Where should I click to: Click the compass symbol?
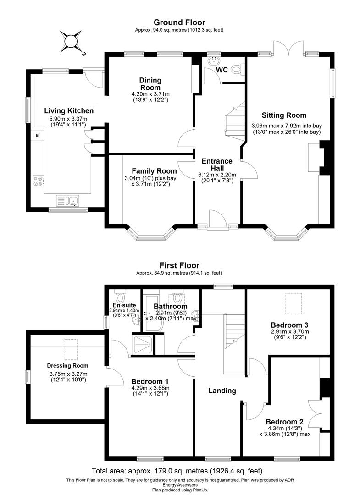[x=72, y=42]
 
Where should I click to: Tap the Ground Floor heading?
[x=179, y=22]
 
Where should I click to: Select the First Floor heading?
[x=179, y=265]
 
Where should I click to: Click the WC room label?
[x=223, y=70]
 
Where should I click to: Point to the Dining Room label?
[x=150, y=84]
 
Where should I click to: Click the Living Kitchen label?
[x=69, y=110]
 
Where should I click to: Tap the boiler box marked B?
[x=37, y=135]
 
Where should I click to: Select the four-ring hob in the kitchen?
[x=38, y=181]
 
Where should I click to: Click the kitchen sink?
[x=68, y=201]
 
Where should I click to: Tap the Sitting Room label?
[x=284, y=115]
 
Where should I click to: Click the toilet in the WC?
[x=236, y=70]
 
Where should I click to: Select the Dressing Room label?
[x=67, y=365]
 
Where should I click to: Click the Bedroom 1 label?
[x=150, y=381]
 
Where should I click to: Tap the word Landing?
[x=222, y=390]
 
